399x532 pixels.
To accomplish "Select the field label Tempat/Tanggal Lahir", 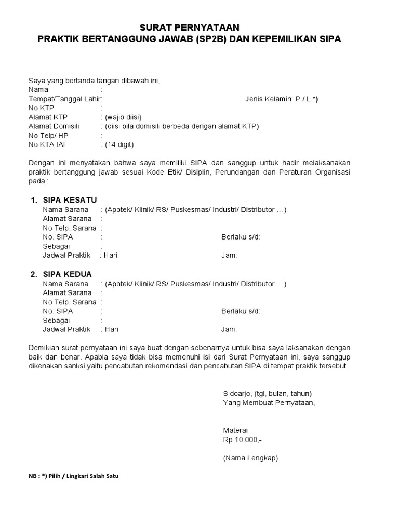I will tap(65, 99).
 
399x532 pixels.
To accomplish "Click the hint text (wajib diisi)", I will tap(123, 117).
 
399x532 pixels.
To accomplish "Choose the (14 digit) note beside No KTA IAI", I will tap(122, 144).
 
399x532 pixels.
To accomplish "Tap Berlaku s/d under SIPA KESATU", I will tap(241, 237).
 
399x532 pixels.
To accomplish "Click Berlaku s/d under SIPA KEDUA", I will tap(241, 311).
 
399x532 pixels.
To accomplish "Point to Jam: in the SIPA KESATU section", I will tap(229, 255).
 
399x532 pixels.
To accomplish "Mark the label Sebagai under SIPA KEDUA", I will tap(57, 320).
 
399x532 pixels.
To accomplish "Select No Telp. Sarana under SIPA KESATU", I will tap(70, 228).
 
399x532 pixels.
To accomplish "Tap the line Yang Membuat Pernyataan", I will tap(269, 402).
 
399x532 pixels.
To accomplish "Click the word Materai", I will tap(235, 430).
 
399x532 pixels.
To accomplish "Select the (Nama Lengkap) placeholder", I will tap(250, 458).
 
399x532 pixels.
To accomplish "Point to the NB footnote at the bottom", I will tap(73, 476).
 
